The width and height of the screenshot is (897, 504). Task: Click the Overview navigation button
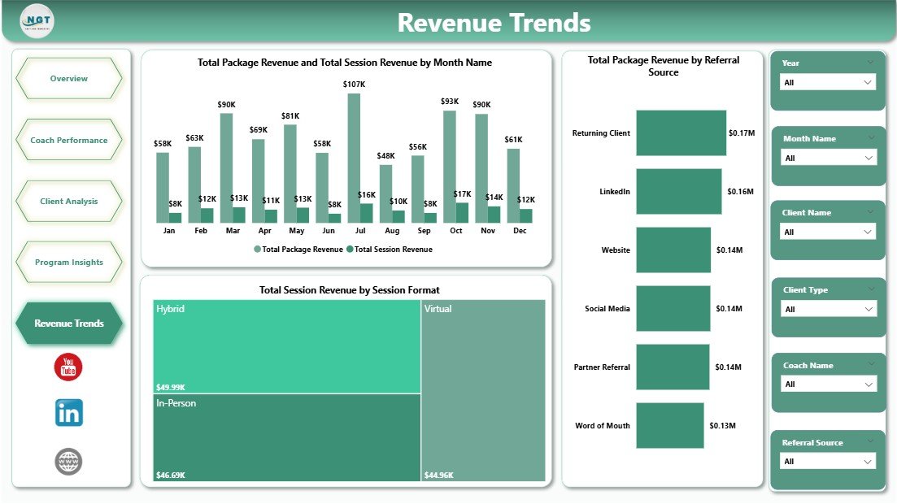[68, 79]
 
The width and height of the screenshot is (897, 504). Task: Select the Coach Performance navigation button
[68, 140]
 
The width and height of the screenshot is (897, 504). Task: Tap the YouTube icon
[68, 367]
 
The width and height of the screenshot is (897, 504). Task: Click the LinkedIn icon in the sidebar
[68, 413]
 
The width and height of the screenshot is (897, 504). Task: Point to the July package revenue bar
[354, 159]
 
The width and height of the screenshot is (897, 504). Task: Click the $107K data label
[354, 85]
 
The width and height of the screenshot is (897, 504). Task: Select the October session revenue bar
[462, 213]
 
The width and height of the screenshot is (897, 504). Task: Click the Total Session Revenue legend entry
[389, 250]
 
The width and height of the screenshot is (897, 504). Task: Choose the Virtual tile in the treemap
[483, 390]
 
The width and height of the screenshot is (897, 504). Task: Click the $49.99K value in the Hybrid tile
[172, 387]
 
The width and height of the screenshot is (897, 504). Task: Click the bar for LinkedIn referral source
[678, 192]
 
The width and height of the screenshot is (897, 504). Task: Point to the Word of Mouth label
[602, 425]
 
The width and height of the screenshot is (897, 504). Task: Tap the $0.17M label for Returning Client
[741, 133]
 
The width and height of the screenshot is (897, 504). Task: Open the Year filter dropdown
[827, 82]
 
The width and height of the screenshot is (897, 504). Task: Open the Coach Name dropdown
[827, 385]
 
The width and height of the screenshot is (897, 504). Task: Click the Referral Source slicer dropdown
[827, 462]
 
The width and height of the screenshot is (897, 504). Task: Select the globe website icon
[68, 462]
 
